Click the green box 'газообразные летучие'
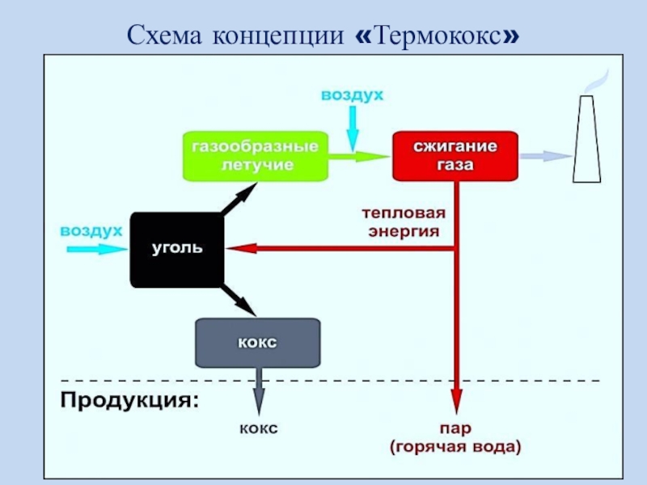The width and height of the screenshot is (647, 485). click(x=254, y=156)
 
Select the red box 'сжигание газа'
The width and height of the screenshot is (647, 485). click(x=455, y=156)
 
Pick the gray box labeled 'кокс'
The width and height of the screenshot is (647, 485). click(x=257, y=343)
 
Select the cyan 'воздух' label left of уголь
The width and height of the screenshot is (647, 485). click(x=91, y=231)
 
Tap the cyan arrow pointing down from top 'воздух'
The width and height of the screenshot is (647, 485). click(x=352, y=129)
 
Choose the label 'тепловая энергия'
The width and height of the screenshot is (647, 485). click(x=403, y=223)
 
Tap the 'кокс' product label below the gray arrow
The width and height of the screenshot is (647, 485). click(x=258, y=428)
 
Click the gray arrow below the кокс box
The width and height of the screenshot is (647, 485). click(x=258, y=389)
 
